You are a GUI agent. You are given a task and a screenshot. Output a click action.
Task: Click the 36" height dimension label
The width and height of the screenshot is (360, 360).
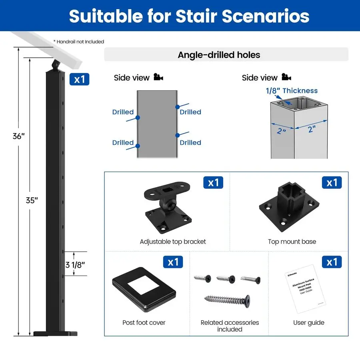pyautogui.click(x=18, y=136)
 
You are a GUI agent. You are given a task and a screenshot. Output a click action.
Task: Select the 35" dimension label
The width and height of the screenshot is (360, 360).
pyautogui.click(x=32, y=201)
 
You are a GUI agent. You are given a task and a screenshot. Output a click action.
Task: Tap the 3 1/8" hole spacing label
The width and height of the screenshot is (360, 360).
pyautogui.click(x=76, y=264)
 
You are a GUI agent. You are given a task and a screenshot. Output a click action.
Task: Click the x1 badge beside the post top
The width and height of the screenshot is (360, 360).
pyautogui.click(x=79, y=79)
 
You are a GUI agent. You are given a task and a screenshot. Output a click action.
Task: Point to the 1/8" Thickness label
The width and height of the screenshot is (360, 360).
pyautogui.click(x=292, y=91)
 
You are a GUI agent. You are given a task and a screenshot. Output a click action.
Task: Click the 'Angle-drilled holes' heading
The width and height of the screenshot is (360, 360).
pyautogui.click(x=219, y=55)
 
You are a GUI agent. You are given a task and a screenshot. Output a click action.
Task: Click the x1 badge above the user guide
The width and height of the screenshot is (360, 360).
pyautogui.click(x=332, y=262)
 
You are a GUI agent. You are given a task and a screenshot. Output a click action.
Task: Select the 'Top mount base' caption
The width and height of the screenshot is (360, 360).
pyautogui.click(x=292, y=242)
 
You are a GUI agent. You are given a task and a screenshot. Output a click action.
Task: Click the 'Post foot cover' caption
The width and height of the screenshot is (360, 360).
pyautogui.click(x=144, y=322)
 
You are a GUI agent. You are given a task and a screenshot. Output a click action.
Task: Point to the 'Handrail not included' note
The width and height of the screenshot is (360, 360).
pyautogui.click(x=79, y=42)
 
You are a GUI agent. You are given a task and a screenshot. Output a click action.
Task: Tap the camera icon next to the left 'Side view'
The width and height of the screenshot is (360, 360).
pyautogui.click(x=158, y=77)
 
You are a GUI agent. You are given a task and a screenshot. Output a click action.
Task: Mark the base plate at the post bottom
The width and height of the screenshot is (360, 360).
pyautogui.click(x=55, y=333)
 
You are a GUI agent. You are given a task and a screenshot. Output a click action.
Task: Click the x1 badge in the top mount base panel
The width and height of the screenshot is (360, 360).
pyautogui.click(x=332, y=183)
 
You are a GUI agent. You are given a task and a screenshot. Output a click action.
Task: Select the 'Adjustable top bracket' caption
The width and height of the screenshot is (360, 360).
pyautogui.click(x=173, y=242)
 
